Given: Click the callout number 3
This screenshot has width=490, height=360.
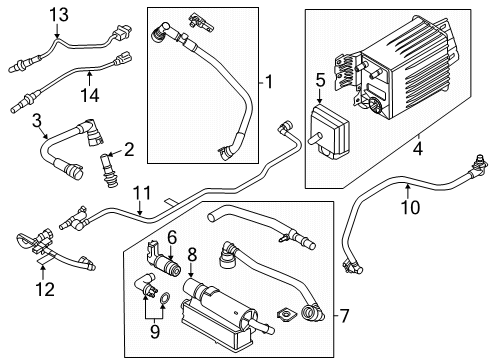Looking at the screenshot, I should coord(37,121).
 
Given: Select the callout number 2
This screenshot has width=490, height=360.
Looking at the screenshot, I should coord(127,150).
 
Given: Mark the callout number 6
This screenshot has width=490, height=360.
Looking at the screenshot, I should coord(172,237).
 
